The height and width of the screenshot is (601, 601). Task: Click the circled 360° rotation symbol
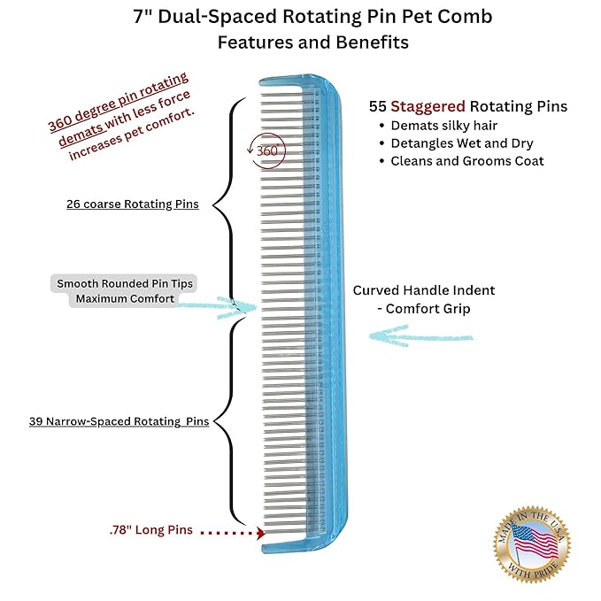(x=267, y=150)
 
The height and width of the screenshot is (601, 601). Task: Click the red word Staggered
(x=428, y=106)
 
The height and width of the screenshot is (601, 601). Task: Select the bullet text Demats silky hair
(x=443, y=126)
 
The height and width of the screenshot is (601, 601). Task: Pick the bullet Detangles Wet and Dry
(x=462, y=143)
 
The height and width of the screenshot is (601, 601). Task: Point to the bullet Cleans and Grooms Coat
(x=466, y=161)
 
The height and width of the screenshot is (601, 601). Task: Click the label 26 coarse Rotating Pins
(x=133, y=204)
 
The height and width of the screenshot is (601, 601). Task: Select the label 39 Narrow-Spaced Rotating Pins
(x=119, y=421)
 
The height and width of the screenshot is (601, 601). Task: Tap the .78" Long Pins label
(x=151, y=529)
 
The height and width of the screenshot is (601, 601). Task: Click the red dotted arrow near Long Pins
(x=233, y=533)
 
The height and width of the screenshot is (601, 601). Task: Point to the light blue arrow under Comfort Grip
(x=420, y=336)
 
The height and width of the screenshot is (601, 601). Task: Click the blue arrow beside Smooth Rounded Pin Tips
(x=217, y=307)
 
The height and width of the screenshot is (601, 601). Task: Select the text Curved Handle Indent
(x=424, y=290)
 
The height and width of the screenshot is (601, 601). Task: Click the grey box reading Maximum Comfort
(x=125, y=299)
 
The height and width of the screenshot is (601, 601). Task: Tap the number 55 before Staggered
(x=378, y=106)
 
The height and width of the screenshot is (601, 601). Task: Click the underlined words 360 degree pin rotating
(x=119, y=102)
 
